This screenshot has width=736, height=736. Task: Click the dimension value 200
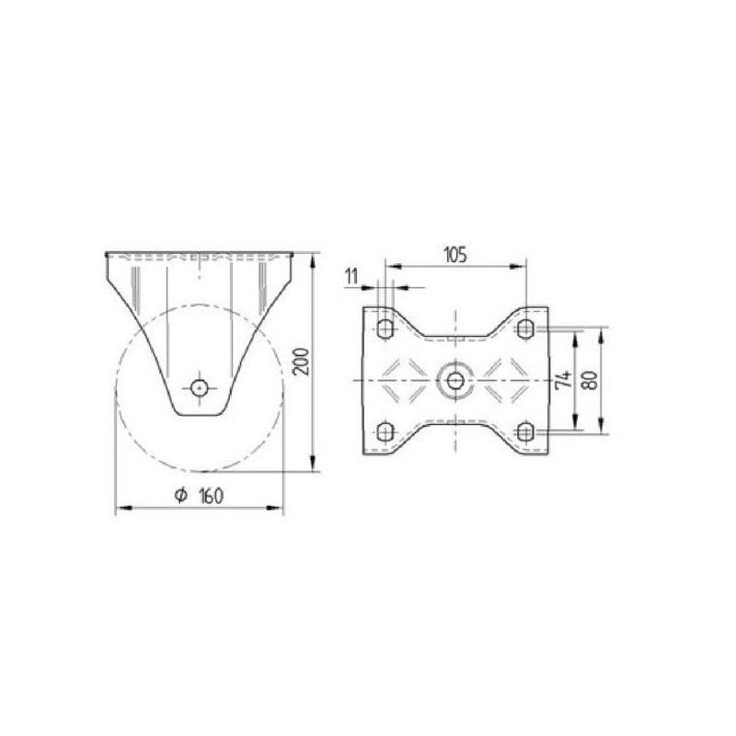[301, 362]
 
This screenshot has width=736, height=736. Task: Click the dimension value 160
[212, 496]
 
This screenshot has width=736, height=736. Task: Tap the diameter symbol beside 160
[180, 495]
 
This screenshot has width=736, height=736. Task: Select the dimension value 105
[455, 255]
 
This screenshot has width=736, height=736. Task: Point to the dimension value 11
[351, 276]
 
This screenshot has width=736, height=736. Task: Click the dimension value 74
[564, 379]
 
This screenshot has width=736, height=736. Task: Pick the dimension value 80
[590, 380]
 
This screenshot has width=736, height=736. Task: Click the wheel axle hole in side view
[200, 388]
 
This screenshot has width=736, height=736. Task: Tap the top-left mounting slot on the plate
[385, 328]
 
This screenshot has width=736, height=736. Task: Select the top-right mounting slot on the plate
[524, 328]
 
